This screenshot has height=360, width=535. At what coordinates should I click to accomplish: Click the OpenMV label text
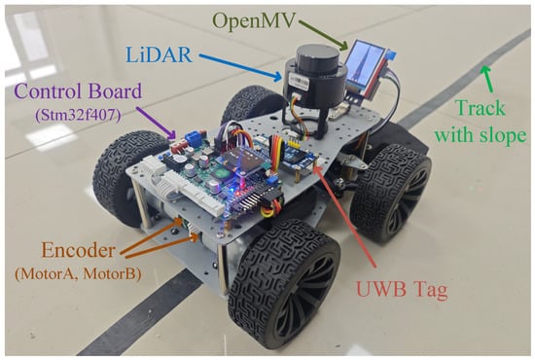pos(255,21)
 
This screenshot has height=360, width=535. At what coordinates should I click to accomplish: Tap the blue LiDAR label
pos(159,54)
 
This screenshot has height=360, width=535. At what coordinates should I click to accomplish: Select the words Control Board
pos(78,91)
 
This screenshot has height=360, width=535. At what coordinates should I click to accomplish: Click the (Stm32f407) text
pos(78,116)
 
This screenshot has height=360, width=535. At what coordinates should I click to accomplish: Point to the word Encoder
pos(78,251)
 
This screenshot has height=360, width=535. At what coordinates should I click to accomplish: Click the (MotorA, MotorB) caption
pos(78,273)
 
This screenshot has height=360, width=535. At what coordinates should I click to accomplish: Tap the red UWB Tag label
pos(402,290)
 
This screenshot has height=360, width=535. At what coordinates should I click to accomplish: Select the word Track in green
pos(481,108)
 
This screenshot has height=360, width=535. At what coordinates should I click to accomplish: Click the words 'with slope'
pos(481,135)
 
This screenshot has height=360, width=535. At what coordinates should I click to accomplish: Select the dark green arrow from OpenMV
pos(324,34)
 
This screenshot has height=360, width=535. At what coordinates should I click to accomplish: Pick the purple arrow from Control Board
pos(157,124)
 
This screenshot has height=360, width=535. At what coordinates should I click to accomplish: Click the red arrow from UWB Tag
pos(346,217)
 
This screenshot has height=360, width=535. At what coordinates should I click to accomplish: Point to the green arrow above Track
pos(488,79)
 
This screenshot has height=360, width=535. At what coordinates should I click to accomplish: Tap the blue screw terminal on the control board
pos(194,137)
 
